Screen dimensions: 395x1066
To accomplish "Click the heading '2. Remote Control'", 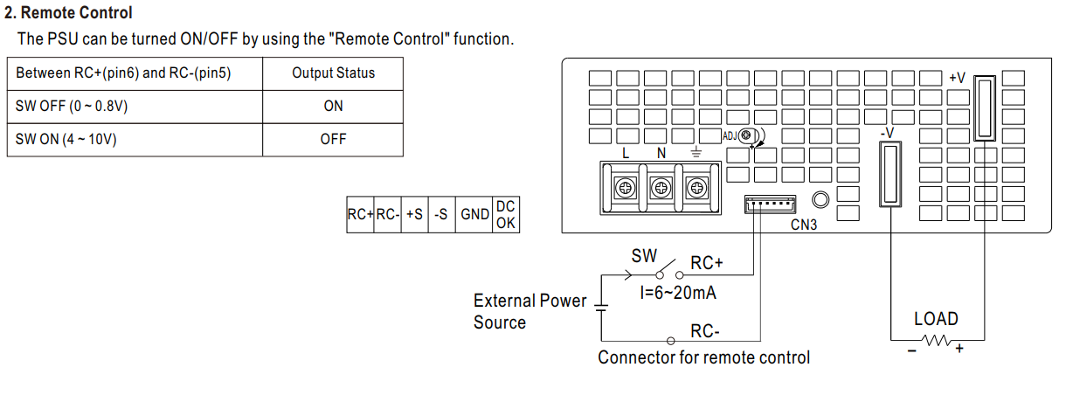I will tap(69, 14).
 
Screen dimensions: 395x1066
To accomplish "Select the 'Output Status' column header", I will tap(333, 73).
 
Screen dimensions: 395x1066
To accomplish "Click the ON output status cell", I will tap(333, 106).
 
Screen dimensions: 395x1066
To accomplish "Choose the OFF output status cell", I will tap(333, 139).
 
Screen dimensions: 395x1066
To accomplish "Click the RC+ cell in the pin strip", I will tap(360, 214).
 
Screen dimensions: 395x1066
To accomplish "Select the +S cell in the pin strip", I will tap(415, 214).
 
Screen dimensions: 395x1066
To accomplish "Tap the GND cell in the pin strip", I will tap(474, 214).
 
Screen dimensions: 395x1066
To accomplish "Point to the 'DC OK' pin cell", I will tap(505, 214).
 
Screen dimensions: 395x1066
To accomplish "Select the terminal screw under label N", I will tap(661, 186).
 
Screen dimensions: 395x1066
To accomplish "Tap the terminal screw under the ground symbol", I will tap(696, 186).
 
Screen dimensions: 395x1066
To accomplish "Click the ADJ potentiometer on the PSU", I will tap(747, 135).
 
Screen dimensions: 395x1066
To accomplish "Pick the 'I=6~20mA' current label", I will tap(678, 293).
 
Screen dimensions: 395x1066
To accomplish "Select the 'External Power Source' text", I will tap(530, 311).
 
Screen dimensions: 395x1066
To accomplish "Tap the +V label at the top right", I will tap(957, 78).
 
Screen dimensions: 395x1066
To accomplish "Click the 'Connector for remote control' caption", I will tap(703, 357).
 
